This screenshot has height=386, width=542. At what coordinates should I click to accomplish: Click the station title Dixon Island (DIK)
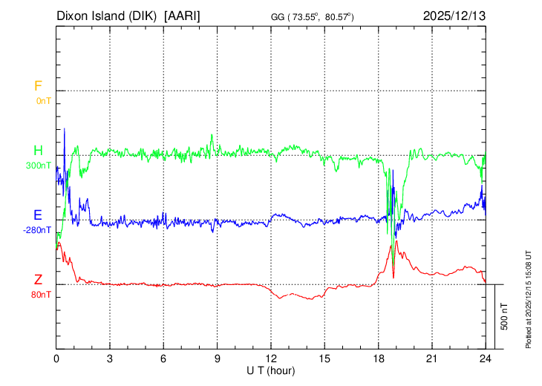[x=108, y=15]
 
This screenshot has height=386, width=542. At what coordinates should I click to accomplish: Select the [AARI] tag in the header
[x=183, y=15]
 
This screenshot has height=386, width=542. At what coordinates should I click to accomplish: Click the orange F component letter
[x=38, y=86]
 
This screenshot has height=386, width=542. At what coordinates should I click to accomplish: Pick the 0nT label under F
[x=44, y=101]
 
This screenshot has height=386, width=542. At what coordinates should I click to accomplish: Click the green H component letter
[x=38, y=151]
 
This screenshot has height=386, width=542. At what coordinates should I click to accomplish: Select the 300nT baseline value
[x=39, y=166]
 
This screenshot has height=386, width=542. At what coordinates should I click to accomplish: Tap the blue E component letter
[x=38, y=215]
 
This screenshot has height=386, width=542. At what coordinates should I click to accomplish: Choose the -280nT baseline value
[x=37, y=230]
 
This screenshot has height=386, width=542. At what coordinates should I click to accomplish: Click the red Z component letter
[x=38, y=280]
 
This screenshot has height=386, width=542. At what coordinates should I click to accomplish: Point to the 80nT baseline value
[x=42, y=295]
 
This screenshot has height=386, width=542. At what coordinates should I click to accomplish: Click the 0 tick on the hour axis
[x=56, y=358]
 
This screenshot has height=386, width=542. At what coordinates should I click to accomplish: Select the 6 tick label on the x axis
[x=163, y=358]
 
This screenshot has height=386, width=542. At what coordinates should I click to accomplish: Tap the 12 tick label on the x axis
[x=271, y=358]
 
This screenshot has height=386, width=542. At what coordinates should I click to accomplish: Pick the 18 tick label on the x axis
[x=378, y=358]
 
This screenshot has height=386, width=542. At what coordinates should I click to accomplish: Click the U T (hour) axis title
[x=271, y=370]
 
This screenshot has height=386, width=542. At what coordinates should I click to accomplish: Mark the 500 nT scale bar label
[x=505, y=316]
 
